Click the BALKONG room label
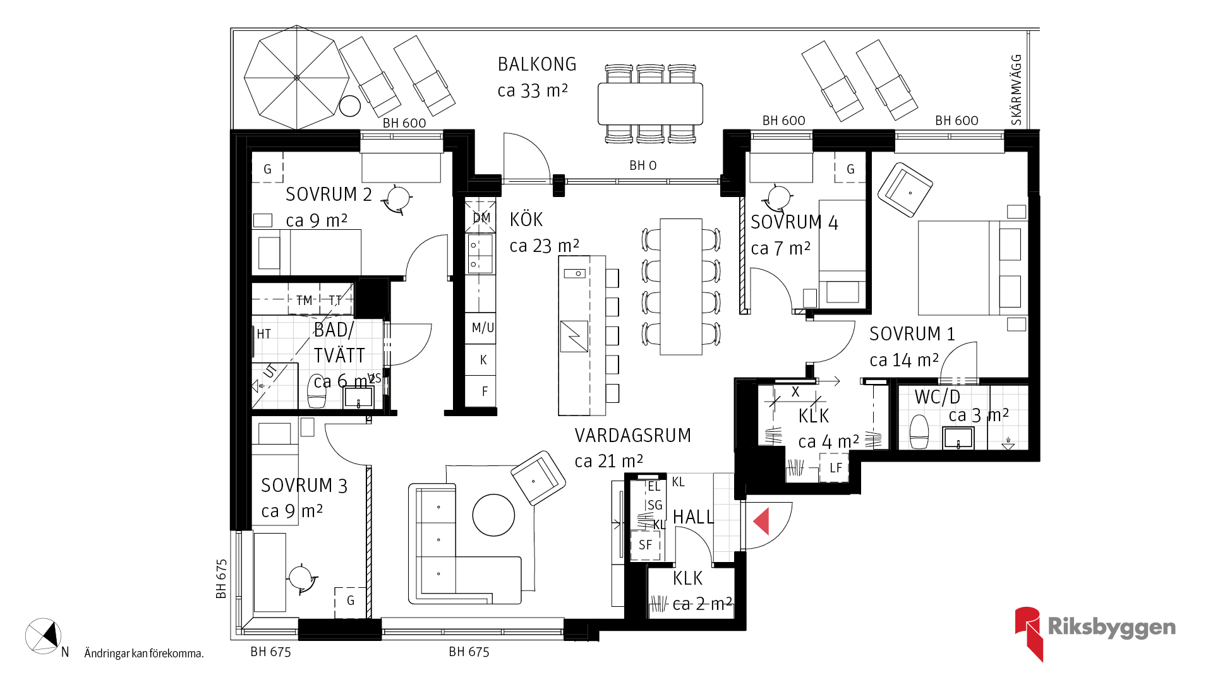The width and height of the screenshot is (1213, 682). [x=537, y=64]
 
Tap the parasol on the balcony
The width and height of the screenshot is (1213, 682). [x=297, y=78]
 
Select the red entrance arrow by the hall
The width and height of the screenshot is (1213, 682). [x=761, y=522]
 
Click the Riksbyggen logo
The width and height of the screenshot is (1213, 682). [x=1095, y=633]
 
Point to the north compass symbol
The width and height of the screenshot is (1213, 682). [x=43, y=636]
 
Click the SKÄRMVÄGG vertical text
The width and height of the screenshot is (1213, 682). [x=1016, y=90]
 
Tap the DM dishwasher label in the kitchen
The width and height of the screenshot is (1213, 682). [x=481, y=218]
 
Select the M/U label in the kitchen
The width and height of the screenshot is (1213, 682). [x=483, y=328]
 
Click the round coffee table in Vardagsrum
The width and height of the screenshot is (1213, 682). [x=493, y=515]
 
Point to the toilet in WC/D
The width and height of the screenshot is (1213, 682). [x=919, y=431]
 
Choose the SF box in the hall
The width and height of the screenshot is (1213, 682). [x=645, y=545]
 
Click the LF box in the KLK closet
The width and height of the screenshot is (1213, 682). [x=835, y=468]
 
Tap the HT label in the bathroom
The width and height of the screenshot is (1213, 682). [x=263, y=334]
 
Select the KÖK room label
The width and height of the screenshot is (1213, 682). [x=526, y=220]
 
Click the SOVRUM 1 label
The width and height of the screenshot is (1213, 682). [x=912, y=334]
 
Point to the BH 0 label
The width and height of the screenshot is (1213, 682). [x=643, y=165]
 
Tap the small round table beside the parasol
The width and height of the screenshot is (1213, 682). [x=349, y=106]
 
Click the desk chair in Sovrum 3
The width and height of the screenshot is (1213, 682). [x=302, y=578]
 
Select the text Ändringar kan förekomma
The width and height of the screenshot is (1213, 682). [x=144, y=654]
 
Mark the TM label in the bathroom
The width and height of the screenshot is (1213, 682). [x=305, y=301]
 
